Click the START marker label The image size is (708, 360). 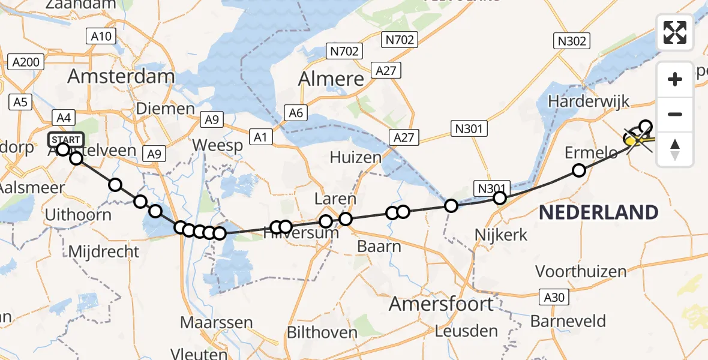(64, 140)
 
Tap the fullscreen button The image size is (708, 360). (675, 32)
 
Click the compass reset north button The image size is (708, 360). (675, 149)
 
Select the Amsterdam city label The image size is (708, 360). (121, 76)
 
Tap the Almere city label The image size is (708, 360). (331, 79)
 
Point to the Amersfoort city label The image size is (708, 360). (441, 304)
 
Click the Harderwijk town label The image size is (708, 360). (589, 101)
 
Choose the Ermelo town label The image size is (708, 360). (591, 154)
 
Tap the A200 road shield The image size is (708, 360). (26, 62)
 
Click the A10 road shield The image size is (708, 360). (100, 37)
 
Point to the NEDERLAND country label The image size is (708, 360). (598, 212)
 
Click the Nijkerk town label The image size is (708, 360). (500, 234)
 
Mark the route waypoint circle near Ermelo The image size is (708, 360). (578, 170)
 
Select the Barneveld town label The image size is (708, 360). (568, 321)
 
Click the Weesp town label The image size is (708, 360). (217, 145)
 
